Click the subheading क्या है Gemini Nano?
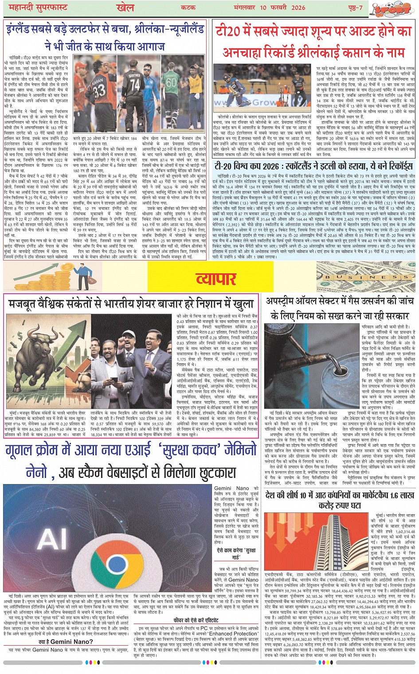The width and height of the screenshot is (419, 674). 66,642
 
